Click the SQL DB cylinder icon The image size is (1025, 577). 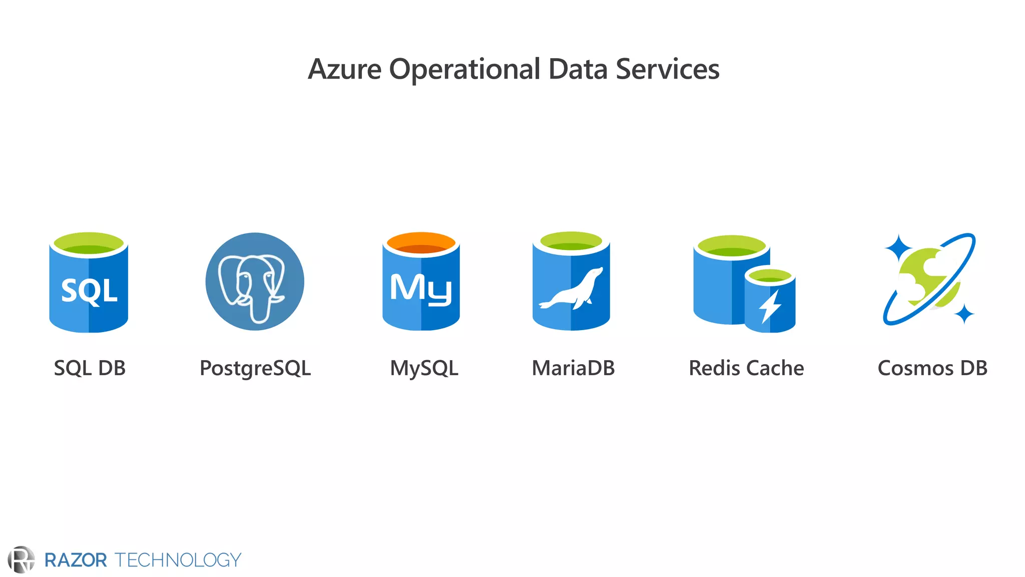pyautogui.click(x=89, y=283)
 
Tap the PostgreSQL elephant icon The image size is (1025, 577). pyautogui.click(x=255, y=281)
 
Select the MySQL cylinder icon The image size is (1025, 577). pyautogui.click(x=421, y=282)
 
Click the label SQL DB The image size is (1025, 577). pyautogui.click(x=90, y=368)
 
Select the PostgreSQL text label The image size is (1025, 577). pyautogui.click(x=255, y=369)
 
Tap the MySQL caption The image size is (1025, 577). pyautogui.click(x=424, y=369)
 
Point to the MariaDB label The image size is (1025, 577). pyautogui.click(x=573, y=368)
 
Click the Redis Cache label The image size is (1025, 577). pyautogui.click(x=746, y=368)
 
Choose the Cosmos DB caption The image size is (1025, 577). pyautogui.click(x=932, y=368)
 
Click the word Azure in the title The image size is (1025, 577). pyautogui.click(x=344, y=69)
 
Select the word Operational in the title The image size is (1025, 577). pyautogui.click(x=464, y=69)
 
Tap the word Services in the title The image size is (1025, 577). pyautogui.click(x=667, y=69)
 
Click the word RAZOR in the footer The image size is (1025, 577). pyautogui.click(x=76, y=560)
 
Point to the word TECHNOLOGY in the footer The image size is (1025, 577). pyautogui.click(x=178, y=560)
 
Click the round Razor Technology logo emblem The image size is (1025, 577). pyautogui.click(x=22, y=559)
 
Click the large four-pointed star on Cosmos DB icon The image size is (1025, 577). pyautogui.click(x=899, y=247)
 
